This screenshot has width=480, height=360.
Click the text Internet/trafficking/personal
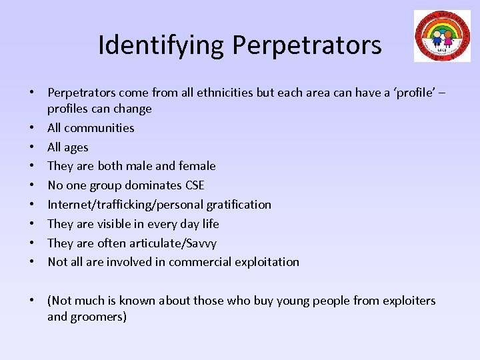click(117, 204)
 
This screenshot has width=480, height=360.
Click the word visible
click(117, 223)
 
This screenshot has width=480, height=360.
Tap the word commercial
click(198, 261)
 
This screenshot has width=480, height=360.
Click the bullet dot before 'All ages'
click(31, 147)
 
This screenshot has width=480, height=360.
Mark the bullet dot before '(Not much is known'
click(31, 301)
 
